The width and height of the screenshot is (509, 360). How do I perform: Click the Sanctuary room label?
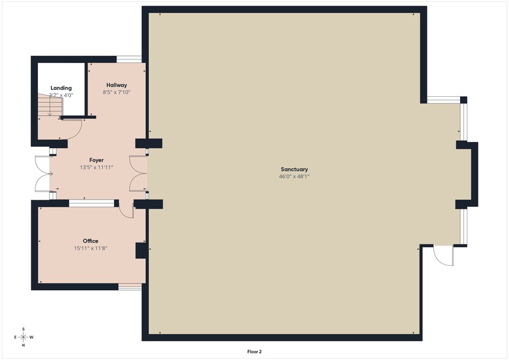(294, 169)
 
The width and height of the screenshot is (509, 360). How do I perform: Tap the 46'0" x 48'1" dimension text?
(294, 176)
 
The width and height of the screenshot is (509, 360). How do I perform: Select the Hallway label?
(116, 85)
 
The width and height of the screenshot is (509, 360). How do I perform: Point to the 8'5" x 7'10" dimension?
(116, 92)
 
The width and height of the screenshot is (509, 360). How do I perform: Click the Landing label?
(61, 88)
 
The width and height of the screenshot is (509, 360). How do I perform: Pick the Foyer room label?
(97, 160)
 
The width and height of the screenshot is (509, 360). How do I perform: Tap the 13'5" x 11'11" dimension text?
(97, 167)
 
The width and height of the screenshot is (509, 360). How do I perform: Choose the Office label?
(91, 241)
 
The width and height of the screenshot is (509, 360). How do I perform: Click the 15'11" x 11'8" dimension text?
(91, 248)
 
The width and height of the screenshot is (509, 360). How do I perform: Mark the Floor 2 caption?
(254, 351)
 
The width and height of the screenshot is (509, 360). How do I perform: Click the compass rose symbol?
(23, 337)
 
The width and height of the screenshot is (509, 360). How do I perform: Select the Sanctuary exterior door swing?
(442, 255)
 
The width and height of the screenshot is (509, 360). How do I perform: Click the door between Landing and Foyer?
(72, 127)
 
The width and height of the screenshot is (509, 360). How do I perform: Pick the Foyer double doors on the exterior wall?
(42, 174)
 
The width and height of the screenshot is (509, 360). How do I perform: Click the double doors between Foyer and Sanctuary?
(138, 174)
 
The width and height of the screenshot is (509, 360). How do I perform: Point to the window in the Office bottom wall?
(129, 286)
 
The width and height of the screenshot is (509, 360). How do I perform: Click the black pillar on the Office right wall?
(140, 252)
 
